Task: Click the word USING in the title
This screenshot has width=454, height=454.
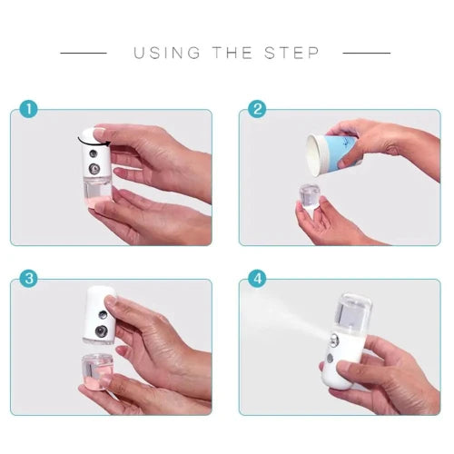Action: click(166, 53)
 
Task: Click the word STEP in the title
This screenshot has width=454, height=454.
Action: click(291, 53)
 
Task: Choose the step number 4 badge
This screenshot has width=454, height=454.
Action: click(257, 279)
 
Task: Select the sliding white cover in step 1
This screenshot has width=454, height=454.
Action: click(92, 136)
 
